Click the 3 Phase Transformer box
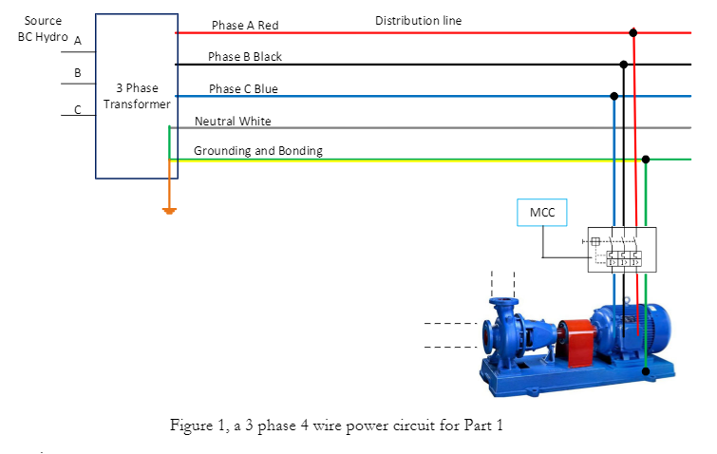pos(137,96)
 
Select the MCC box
pos(542,213)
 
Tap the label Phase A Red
pos(245,25)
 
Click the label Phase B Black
pos(245,57)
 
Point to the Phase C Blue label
pos(243,89)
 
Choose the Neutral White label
pos(233,122)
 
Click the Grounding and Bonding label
pos(257,151)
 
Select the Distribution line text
pos(418,20)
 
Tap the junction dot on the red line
pos(633,32)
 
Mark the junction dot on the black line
pos(624,65)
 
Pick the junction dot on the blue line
pos(613,96)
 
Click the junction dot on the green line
pos(646,160)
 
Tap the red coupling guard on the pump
pos(575,341)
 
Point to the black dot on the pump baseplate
pos(646,372)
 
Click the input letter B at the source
pos(78,72)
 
